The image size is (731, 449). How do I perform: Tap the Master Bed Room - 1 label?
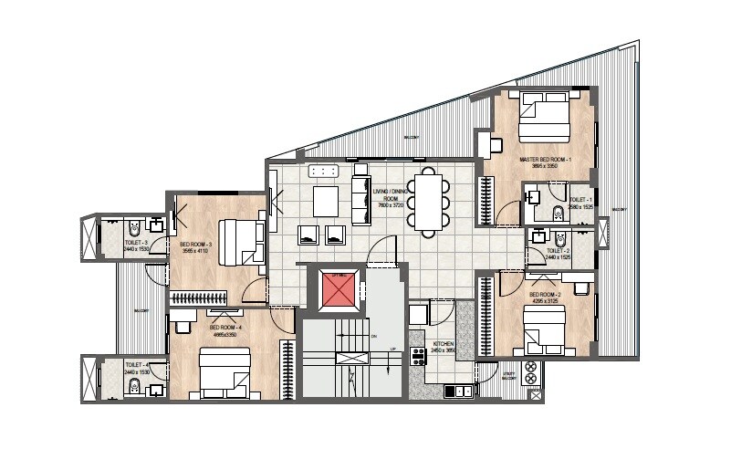point(545,161)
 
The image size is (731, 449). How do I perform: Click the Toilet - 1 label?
point(580,201)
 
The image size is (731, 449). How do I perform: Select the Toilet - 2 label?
point(558,253)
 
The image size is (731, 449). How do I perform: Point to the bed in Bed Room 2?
point(545,329)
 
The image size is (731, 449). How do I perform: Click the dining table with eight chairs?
point(426,199)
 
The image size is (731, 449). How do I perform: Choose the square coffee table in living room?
point(326,200)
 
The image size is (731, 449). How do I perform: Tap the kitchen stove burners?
point(419,356)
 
